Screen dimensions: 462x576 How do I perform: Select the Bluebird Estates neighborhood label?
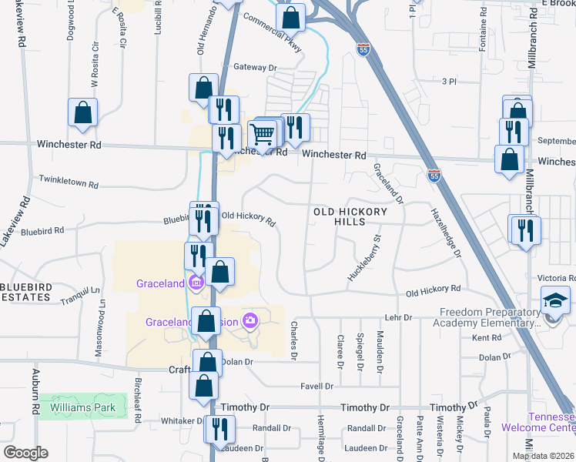point(25,292)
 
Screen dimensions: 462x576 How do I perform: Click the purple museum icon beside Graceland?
point(196,283)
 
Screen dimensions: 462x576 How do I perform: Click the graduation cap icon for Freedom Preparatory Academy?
point(555,300)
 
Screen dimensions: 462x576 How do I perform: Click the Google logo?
point(25,453)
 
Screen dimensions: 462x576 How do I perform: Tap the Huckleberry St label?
point(365,258)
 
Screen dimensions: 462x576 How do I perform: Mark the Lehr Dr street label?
point(398,317)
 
